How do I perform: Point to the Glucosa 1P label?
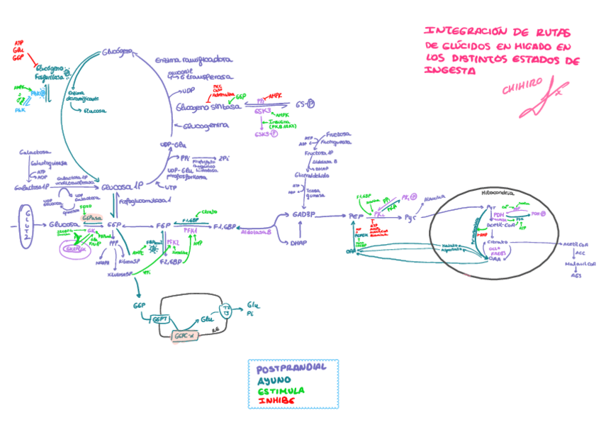(x=122, y=187)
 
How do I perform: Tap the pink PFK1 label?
(x=191, y=231)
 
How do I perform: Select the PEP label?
(x=355, y=217)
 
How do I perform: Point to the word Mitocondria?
(x=498, y=192)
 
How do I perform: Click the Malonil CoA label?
(x=578, y=262)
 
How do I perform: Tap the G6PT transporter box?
(x=159, y=320)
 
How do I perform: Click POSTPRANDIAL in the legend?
(x=291, y=369)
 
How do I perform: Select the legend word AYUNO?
(x=274, y=380)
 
